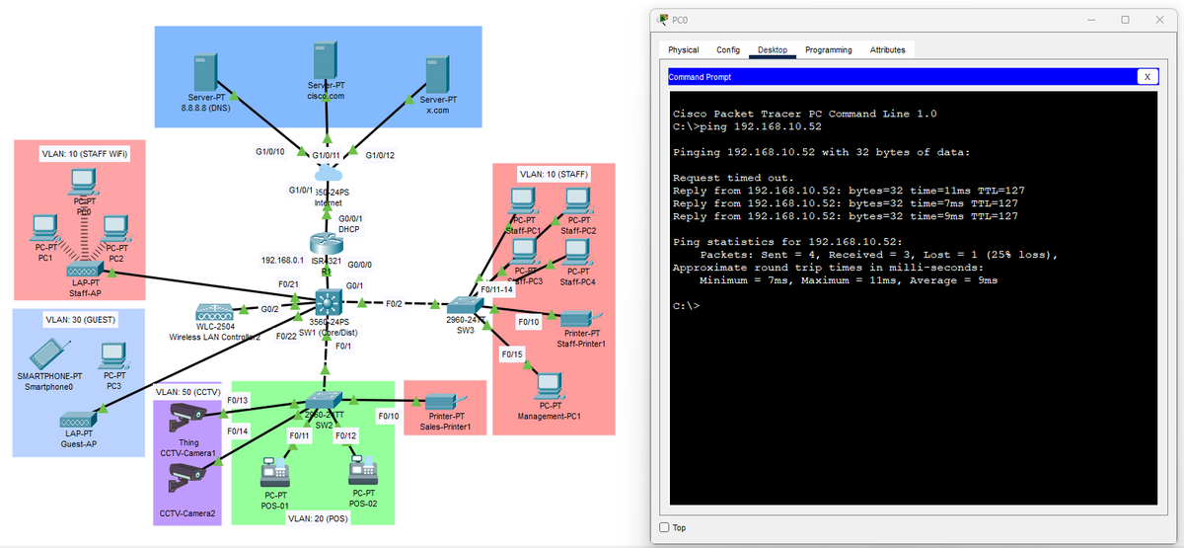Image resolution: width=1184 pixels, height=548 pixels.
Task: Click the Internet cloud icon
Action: [x=328, y=177]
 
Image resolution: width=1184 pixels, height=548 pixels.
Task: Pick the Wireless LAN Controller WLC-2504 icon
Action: [x=214, y=311]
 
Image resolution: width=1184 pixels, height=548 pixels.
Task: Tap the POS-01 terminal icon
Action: [x=273, y=473]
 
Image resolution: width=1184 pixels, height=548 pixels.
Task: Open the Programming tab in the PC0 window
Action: [x=828, y=49]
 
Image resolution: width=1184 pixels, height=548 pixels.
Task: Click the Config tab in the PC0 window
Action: [x=728, y=49]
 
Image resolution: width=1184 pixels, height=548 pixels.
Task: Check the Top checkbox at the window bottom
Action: [x=664, y=526]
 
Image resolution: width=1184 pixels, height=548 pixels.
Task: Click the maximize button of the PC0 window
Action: [x=1125, y=19]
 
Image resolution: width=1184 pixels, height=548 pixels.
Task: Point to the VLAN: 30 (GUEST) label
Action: [x=78, y=320]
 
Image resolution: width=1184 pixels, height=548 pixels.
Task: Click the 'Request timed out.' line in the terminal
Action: [x=733, y=177]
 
